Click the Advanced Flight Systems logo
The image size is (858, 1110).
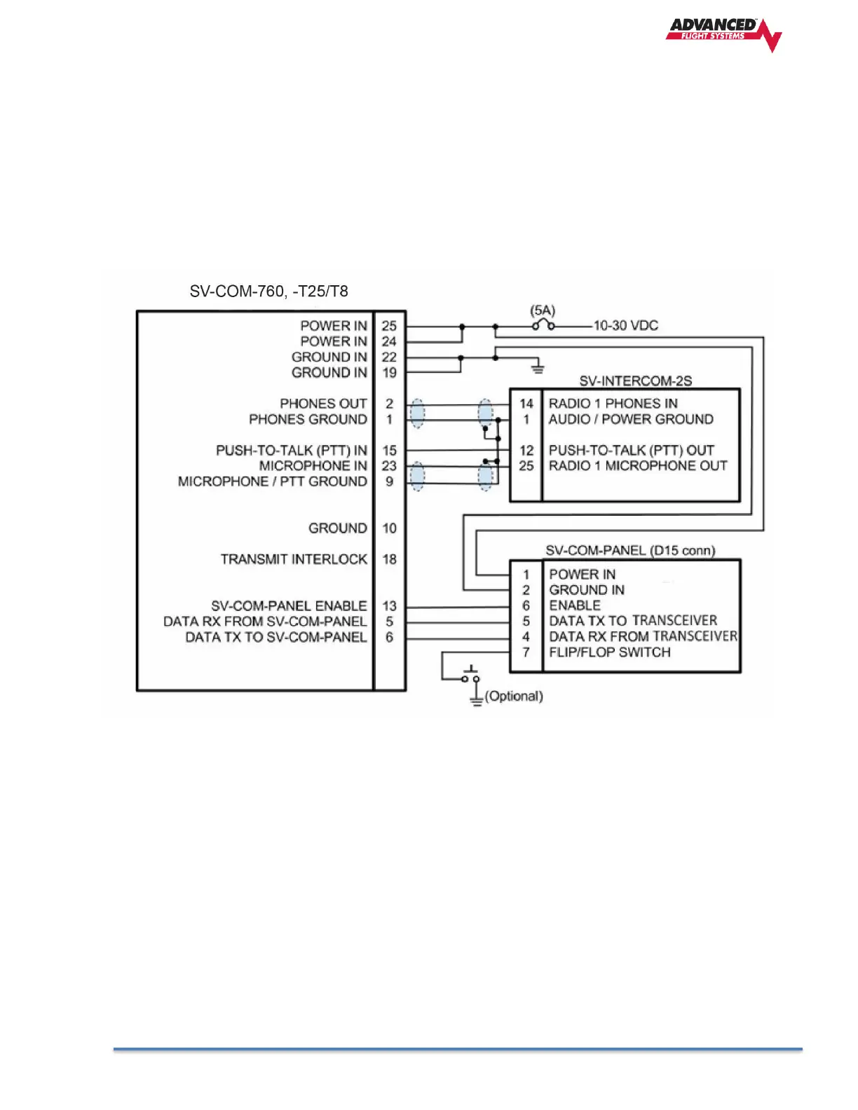(x=723, y=33)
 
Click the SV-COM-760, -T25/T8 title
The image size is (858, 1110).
(x=268, y=292)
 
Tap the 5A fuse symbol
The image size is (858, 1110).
(x=543, y=326)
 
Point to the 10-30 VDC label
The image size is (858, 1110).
(x=625, y=326)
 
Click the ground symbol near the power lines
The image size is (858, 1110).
(x=538, y=367)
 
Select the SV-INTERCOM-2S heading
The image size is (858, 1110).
(x=635, y=381)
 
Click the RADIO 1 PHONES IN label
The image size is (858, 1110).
(x=613, y=404)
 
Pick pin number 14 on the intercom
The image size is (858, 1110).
(x=526, y=404)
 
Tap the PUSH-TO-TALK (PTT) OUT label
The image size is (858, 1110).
(x=631, y=451)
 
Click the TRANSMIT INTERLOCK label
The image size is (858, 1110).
(x=294, y=559)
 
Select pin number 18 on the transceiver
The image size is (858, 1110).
(x=390, y=559)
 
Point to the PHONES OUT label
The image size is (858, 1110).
(x=323, y=404)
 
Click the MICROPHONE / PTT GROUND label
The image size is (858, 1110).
(x=272, y=481)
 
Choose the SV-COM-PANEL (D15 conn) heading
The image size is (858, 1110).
(x=630, y=551)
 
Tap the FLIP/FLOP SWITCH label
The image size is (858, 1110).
(x=609, y=652)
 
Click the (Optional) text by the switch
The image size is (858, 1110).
(x=514, y=696)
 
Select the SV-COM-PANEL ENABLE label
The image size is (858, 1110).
(x=289, y=605)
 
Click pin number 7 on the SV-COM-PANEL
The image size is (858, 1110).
(x=526, y=652)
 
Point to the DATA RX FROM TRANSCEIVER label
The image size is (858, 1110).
(x=643, y=637)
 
